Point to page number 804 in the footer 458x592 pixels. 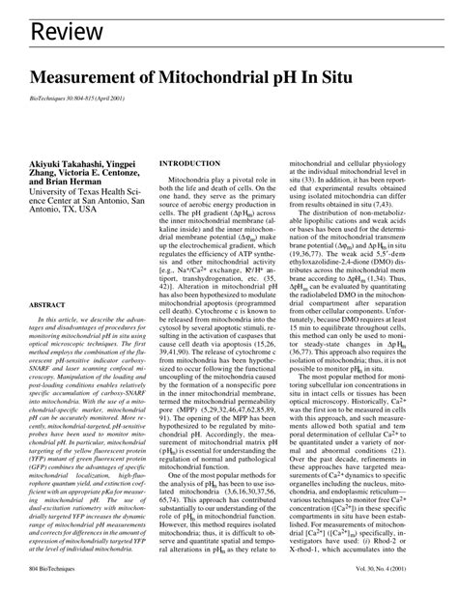[38, 577]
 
